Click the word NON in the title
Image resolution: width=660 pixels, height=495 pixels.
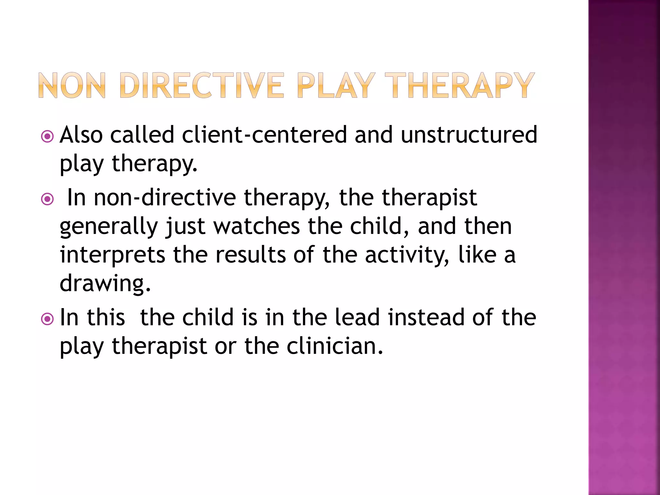click(x=72, y=85)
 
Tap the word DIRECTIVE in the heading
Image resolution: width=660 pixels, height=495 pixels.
click(x=202, y=85)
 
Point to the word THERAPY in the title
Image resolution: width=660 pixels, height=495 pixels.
click(x=460, y=85)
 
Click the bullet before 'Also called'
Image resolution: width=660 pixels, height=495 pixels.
click(x=47, y=137)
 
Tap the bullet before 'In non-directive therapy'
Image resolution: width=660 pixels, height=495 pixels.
click(x=47, y=199)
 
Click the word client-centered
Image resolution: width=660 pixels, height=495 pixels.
click(x=264, y=135)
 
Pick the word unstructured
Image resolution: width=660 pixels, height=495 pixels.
click(x=469, y=135)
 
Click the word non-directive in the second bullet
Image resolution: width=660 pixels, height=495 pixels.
click(x=165, y=198)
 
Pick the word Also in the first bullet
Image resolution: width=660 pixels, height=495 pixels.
click(x=81, y=135)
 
